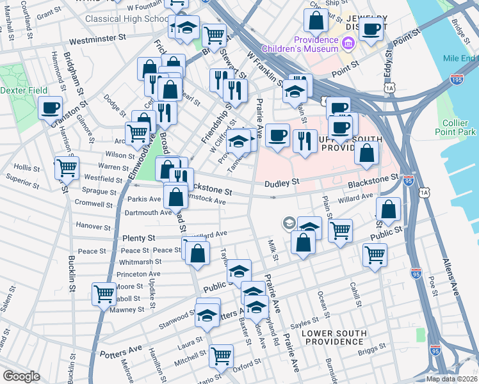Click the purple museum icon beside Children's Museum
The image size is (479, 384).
pyautogui.click(x=348, y=44)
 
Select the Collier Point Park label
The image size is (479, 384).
pyautogui.click(x=459, y=128)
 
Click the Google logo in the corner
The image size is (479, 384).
pyautogui.click(x=21, y=376)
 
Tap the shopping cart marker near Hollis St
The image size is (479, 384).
pyautogui.click(x=66, y=168)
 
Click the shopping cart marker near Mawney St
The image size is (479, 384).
pyautogui.click(x=104, y=294)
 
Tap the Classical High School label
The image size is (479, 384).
pyautogui.click(x=127, y=19)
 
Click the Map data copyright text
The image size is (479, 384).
pyautogui.click(x=451, y=379)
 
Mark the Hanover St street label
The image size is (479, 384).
pyautogui.click(x=93, y=226)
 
